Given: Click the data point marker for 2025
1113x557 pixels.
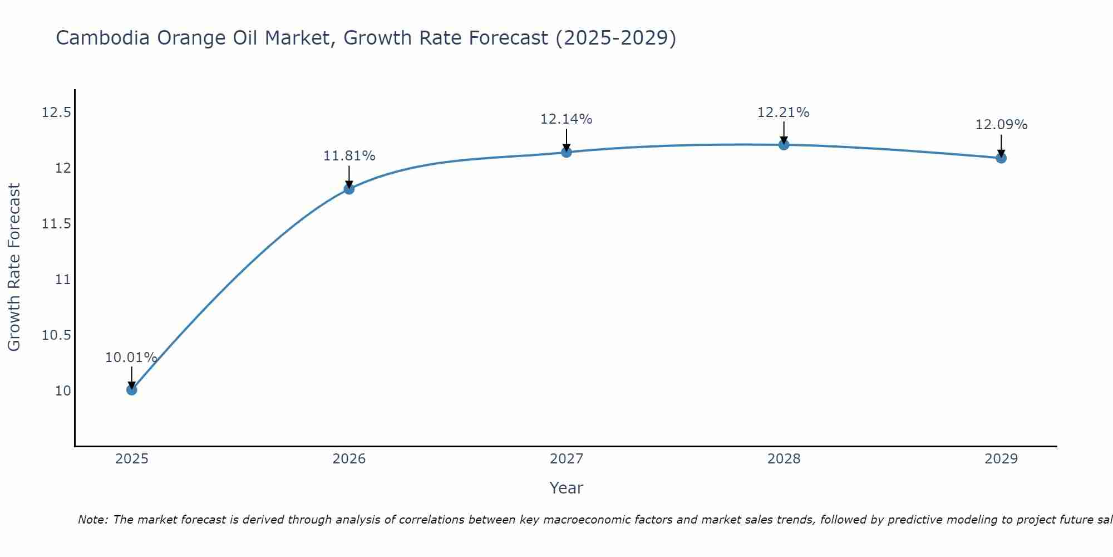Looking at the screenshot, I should coord(132,389).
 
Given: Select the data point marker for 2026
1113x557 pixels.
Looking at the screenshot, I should coord(349,189).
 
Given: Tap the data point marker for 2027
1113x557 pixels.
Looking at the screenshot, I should coord(567,152).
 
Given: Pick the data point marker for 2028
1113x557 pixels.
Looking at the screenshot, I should coord(784,145).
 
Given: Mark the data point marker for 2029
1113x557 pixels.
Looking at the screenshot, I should coord(1001,158).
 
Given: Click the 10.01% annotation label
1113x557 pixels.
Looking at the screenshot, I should coord(131,358).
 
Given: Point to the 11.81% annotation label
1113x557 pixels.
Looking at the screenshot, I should coord(349,156).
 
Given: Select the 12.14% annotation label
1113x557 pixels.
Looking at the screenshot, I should coord(566,119).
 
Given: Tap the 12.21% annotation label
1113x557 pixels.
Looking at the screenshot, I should coord(783,113).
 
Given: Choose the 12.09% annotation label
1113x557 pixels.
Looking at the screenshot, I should coord(1001,125).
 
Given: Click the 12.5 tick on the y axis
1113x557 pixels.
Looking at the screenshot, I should coord(56,113).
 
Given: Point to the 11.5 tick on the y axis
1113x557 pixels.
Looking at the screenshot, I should coord(56,224).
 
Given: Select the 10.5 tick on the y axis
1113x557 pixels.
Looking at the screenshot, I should coord(56,335).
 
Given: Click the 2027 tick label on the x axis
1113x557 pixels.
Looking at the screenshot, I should coord(566,459).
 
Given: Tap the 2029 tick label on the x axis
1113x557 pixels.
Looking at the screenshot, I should coord(1001,459).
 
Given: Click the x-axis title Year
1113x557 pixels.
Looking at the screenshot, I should coord(566,488).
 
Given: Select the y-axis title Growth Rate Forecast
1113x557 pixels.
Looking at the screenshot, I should coord(14,267).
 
